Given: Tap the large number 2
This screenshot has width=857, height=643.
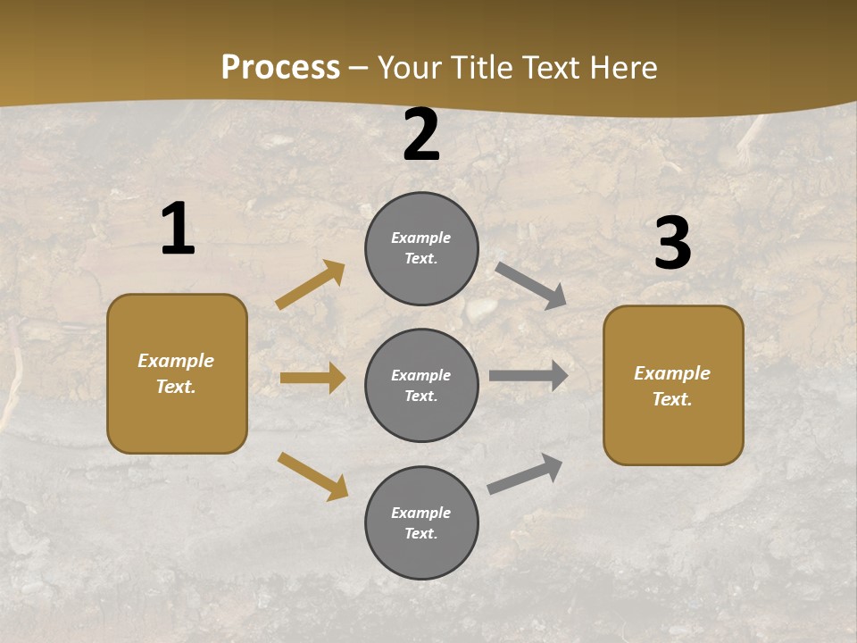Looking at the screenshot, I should point(421,136).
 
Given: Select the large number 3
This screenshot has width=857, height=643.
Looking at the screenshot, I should point(672,244).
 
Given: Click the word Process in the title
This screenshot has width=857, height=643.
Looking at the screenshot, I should point(280,67).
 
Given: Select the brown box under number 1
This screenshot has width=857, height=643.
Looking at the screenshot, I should point(177,373).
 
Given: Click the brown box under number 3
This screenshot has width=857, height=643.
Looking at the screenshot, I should point(673,385).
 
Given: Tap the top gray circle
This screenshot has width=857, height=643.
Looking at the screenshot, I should point(421,248).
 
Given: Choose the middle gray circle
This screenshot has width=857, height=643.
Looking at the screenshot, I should point(421,385).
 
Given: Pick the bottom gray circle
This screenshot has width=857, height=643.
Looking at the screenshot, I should point(421,522).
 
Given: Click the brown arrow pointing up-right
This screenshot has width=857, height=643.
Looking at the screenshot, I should point(310,286).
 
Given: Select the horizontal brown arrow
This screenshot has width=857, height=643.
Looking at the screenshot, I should point(312,378).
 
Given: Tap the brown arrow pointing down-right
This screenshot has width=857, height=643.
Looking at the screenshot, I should point(312,476).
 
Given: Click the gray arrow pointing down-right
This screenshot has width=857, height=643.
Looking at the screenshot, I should point(531,286).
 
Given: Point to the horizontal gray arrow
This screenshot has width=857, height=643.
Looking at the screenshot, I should point(528,376).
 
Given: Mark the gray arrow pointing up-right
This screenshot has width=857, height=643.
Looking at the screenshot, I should point(525,473).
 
